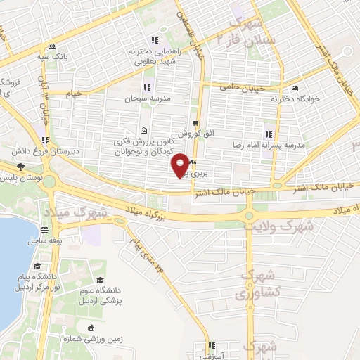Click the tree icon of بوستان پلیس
(20, 167)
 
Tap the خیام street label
(73, 93)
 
